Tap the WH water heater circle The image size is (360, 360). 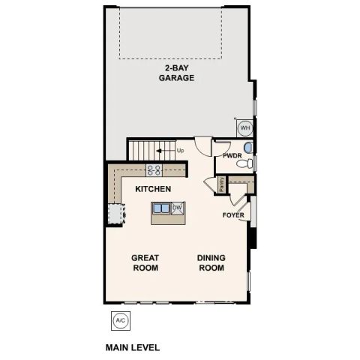244,127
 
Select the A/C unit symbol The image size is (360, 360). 119,320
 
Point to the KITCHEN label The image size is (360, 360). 153,189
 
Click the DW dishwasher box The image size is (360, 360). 178,208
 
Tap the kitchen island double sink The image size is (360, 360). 161,208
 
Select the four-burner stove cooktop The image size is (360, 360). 154,169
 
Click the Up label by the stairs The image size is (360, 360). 181,150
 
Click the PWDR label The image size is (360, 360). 232,156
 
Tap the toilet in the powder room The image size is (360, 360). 250,162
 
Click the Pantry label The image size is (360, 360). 222,184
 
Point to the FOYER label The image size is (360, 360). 233,215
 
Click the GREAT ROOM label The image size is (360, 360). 145,262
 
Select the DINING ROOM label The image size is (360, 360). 211,262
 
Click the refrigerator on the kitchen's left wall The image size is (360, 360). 114,213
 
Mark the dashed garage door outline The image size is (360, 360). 170,57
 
